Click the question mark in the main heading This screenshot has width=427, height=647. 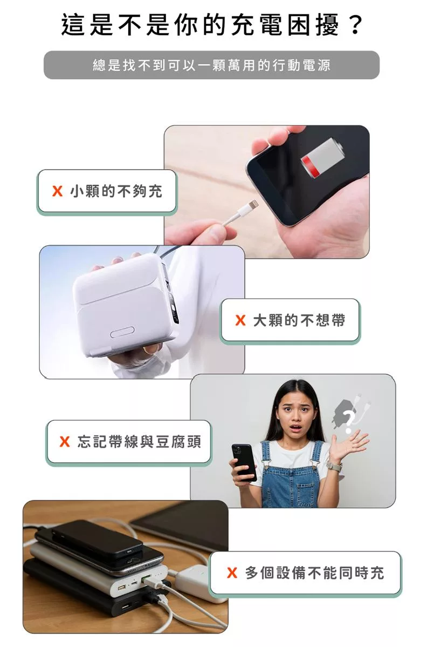coord(355,25)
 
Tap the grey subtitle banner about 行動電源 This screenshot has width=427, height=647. coord(211,65)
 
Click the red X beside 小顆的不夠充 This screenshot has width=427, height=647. coord(57,191)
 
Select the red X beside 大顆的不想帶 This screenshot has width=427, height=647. coord(240,320)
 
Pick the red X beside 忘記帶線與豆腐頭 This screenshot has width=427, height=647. coord(65,442)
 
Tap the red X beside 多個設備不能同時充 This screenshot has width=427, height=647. coord(232,572)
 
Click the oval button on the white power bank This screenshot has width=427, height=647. coord(122,332)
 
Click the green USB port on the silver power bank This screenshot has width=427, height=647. coord(146,580)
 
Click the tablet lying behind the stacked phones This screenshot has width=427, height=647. coord(181,524)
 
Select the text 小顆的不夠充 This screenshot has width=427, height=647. coord(116,191)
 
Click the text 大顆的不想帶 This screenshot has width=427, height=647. coord(299,320)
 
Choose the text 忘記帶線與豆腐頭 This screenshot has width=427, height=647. coord(139,442)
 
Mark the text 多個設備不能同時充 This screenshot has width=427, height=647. coord(314,572)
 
